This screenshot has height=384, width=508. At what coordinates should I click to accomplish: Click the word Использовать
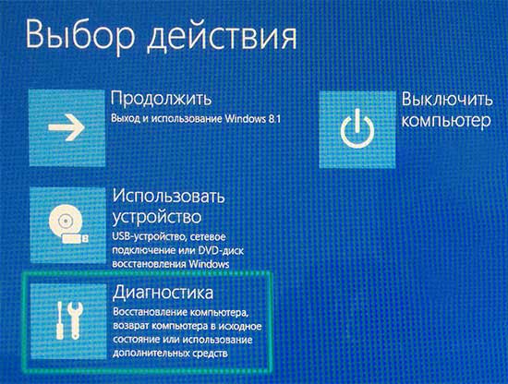point(170,197)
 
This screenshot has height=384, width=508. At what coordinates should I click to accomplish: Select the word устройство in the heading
point(156,218)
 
